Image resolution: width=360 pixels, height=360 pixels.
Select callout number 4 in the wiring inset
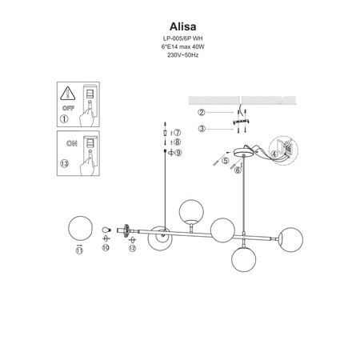(274, 154)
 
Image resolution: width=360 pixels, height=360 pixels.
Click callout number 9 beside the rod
(178, 152)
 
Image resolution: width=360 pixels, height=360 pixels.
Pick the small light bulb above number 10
(106, 230)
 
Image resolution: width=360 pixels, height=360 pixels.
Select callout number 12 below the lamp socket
(132, 249)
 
